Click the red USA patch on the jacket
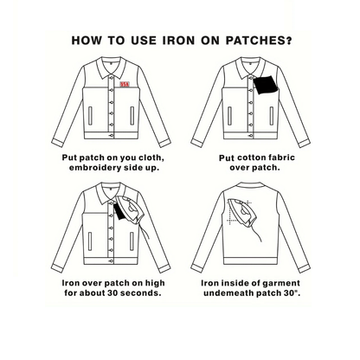click(125, 84)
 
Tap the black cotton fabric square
click(266, 85)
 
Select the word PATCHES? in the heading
click(259, 41)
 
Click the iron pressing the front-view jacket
click(130, 209)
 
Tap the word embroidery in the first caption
click(95, 168)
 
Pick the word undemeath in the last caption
click(227, 293)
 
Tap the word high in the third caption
click(155, 283)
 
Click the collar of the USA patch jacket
click(111, 68)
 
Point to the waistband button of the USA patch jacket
click(111, 136)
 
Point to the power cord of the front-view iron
click(145, 231)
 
